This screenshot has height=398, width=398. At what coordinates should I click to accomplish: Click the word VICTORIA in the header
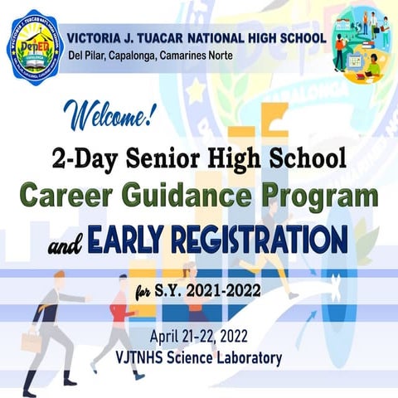pos(98,37)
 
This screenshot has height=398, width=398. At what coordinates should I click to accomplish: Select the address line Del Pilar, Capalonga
pos(149,56)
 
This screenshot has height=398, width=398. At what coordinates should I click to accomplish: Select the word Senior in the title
pos(178,156)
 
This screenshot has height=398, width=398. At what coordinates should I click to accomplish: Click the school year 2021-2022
pos(218,291)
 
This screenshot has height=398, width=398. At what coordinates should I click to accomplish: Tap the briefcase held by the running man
pos(31,342)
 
